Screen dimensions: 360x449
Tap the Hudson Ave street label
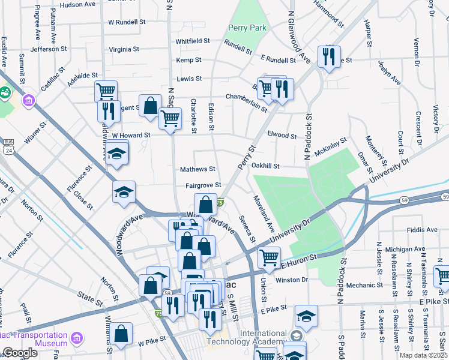[x=78, y=4]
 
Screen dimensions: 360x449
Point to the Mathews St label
[x=197, y=170]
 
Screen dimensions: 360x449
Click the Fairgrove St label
[x=203, y=185]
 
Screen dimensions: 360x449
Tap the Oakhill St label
[x=267, y=166]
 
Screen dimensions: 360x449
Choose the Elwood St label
[x=282, y=136]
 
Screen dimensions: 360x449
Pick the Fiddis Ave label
[x=422, y=230]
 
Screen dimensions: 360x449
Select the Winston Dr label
[x=292, y=280]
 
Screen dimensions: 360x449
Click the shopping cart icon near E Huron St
[x=268, y=257]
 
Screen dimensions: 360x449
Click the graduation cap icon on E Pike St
[x=306, y=316]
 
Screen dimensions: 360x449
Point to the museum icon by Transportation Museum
[x=76, y=340]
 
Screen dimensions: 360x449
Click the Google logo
[x=20, y=353]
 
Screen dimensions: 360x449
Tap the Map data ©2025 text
[x=424, y=355]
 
